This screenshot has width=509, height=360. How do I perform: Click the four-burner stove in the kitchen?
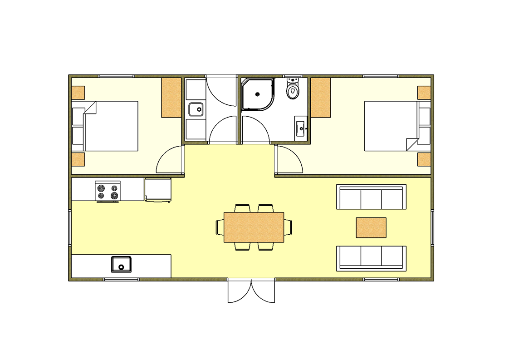tap(108, 191)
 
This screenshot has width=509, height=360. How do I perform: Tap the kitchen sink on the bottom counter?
tap(121, 264)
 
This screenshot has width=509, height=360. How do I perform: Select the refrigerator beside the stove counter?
tap(158, 189)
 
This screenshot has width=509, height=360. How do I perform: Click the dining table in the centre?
tap(254, 227)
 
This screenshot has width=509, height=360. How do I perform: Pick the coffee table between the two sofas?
tap(371, 227)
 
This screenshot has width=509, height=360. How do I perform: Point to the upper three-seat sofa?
tap(371, 197)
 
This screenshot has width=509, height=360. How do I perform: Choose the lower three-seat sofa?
tap(371, 258)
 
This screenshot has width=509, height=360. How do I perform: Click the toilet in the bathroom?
tap(293, 89)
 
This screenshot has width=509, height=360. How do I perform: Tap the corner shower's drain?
tap(258, 94)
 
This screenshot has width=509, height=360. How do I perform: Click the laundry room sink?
tap(196, 109)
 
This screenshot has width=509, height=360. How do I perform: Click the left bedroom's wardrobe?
tap(171, 98)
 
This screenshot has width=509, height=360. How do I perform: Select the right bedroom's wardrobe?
tap(320, 98)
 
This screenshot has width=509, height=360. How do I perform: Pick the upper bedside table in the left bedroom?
tap(78, 93)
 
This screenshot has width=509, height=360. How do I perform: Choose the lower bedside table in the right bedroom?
tap(424, 159)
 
